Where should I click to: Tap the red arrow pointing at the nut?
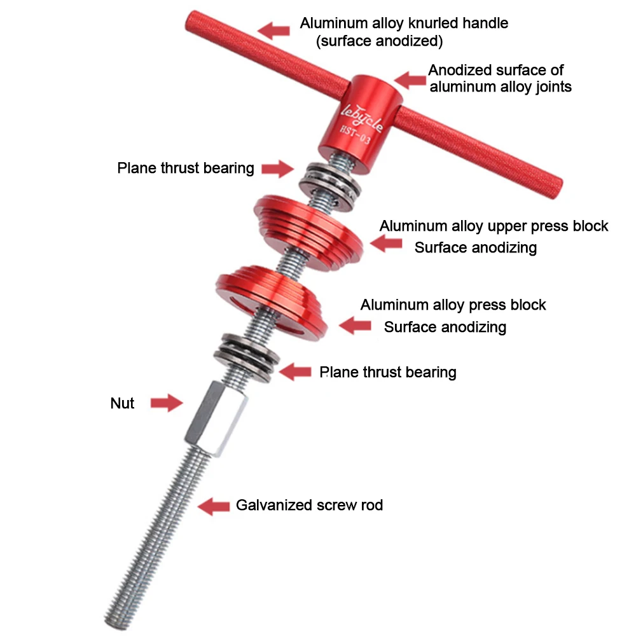166,403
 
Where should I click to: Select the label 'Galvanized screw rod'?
309,506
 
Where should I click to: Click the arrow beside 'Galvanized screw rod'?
213,506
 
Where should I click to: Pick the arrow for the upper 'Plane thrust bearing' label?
277,169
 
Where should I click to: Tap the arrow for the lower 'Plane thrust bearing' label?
296,372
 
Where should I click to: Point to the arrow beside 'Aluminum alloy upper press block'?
385,244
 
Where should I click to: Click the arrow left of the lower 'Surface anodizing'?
355,326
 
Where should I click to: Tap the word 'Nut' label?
122,403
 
